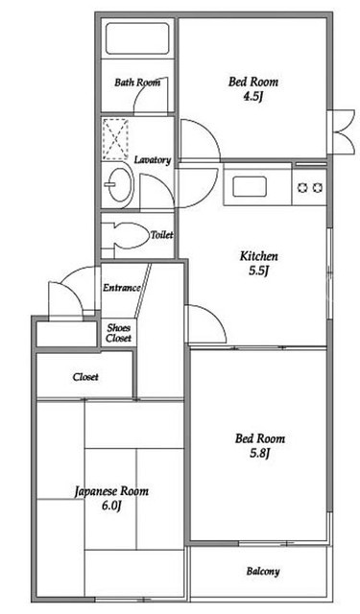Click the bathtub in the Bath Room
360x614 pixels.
tap(137, 38)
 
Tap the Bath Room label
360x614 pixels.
tap(137, 83)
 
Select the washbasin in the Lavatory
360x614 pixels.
tap(119, 185)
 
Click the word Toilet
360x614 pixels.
tap(162, 235)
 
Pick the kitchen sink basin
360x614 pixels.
tap(250, 186)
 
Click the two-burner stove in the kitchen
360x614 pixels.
tap(309, 188)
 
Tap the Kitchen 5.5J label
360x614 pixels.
tap(258, 264)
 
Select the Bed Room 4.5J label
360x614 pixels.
tap(253, 89)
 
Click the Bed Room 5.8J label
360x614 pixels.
tap(260, 445)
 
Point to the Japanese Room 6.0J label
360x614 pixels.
tap(111, 498)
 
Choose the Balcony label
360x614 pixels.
tap(263, 572)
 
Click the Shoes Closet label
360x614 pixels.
tap(119, 333)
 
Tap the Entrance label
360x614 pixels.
tap(121, 288)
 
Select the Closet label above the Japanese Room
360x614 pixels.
tap(85, 377)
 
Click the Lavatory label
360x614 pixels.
tap(153, 160)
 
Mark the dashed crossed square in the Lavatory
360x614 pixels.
tap(115, 139)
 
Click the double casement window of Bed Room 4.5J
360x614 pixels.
tap(342, 133)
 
